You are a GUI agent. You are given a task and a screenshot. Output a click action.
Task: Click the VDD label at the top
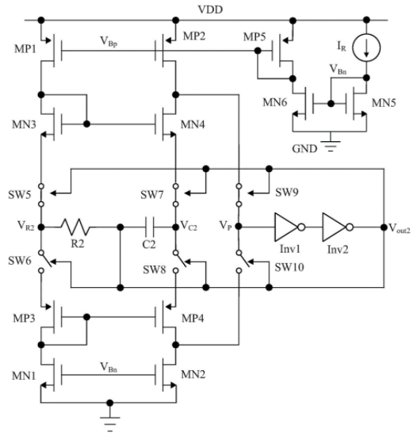pos(210,10)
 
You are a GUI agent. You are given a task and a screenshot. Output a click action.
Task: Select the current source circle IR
pos(366,47)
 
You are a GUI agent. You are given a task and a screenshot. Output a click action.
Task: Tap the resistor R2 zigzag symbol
pos(76,227)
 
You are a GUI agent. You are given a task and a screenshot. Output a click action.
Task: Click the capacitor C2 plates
pos(149,227)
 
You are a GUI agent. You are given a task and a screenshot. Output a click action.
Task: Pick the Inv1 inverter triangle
pos(285,227)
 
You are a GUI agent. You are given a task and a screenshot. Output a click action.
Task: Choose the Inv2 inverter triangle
pos(334,227)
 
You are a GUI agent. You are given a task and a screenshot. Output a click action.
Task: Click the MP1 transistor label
pos(25,49)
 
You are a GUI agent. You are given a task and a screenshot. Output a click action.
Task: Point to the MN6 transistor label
pos(275,102)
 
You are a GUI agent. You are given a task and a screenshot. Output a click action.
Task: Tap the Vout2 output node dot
pos(384,228)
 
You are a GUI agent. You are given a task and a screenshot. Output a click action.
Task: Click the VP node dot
pos(239,226)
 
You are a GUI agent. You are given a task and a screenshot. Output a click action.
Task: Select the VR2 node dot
pos(41,227)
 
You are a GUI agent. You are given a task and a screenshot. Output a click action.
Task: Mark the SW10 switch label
pos(289,267)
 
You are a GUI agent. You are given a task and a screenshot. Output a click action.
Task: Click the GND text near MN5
pos(304,148)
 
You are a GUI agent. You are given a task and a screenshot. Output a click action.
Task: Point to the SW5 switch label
pos(20,194)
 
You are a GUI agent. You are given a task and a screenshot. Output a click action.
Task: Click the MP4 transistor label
pos(193,318)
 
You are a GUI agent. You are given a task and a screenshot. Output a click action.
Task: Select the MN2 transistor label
pos(193,374)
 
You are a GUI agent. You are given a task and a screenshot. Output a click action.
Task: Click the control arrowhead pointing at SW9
pos(251,193)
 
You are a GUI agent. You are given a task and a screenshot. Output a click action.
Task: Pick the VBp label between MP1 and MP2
pos(109,41)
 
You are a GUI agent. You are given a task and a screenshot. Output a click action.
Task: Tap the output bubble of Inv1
pos(301,227)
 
